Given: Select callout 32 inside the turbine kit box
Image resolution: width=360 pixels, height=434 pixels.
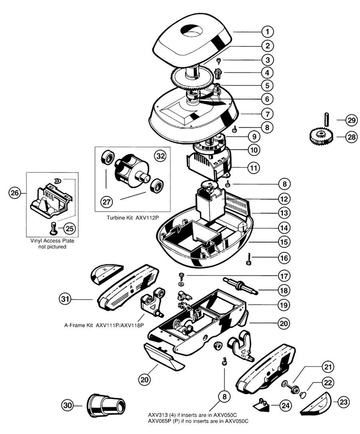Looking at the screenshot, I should point(160,154).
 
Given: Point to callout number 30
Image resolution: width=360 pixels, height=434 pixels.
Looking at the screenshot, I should point(68,405).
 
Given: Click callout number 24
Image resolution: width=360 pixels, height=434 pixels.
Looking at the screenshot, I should point(284,406).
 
